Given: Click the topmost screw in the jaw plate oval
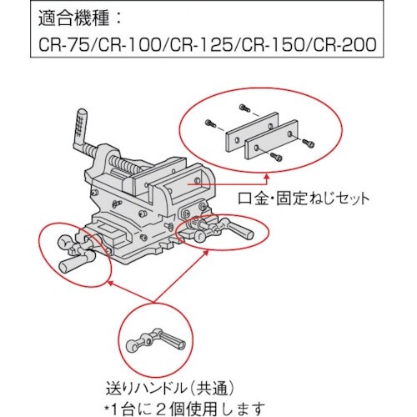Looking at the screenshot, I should pyautogui.click(x=244, y=108).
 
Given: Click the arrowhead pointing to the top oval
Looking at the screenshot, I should pyautogui.click(x=267, y=178).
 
